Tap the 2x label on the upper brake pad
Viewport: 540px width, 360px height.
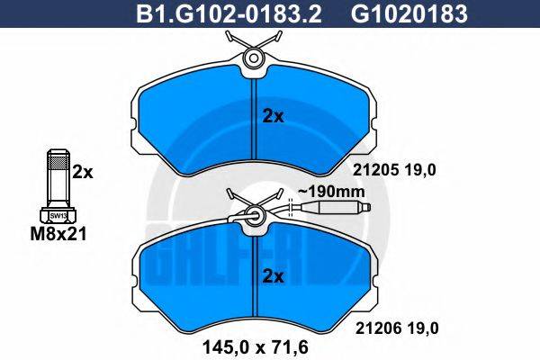pyautogui.click(x=273, y=116)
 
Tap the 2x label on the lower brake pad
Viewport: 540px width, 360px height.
pyautogui.click(x=273, y=276)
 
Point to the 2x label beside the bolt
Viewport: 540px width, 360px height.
pyautogui.click(x=83, y=172)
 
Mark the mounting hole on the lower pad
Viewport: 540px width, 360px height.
pyautogui.click(x=255, y=216)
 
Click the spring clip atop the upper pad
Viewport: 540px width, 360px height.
pyautogui.click(x=254, y=40)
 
